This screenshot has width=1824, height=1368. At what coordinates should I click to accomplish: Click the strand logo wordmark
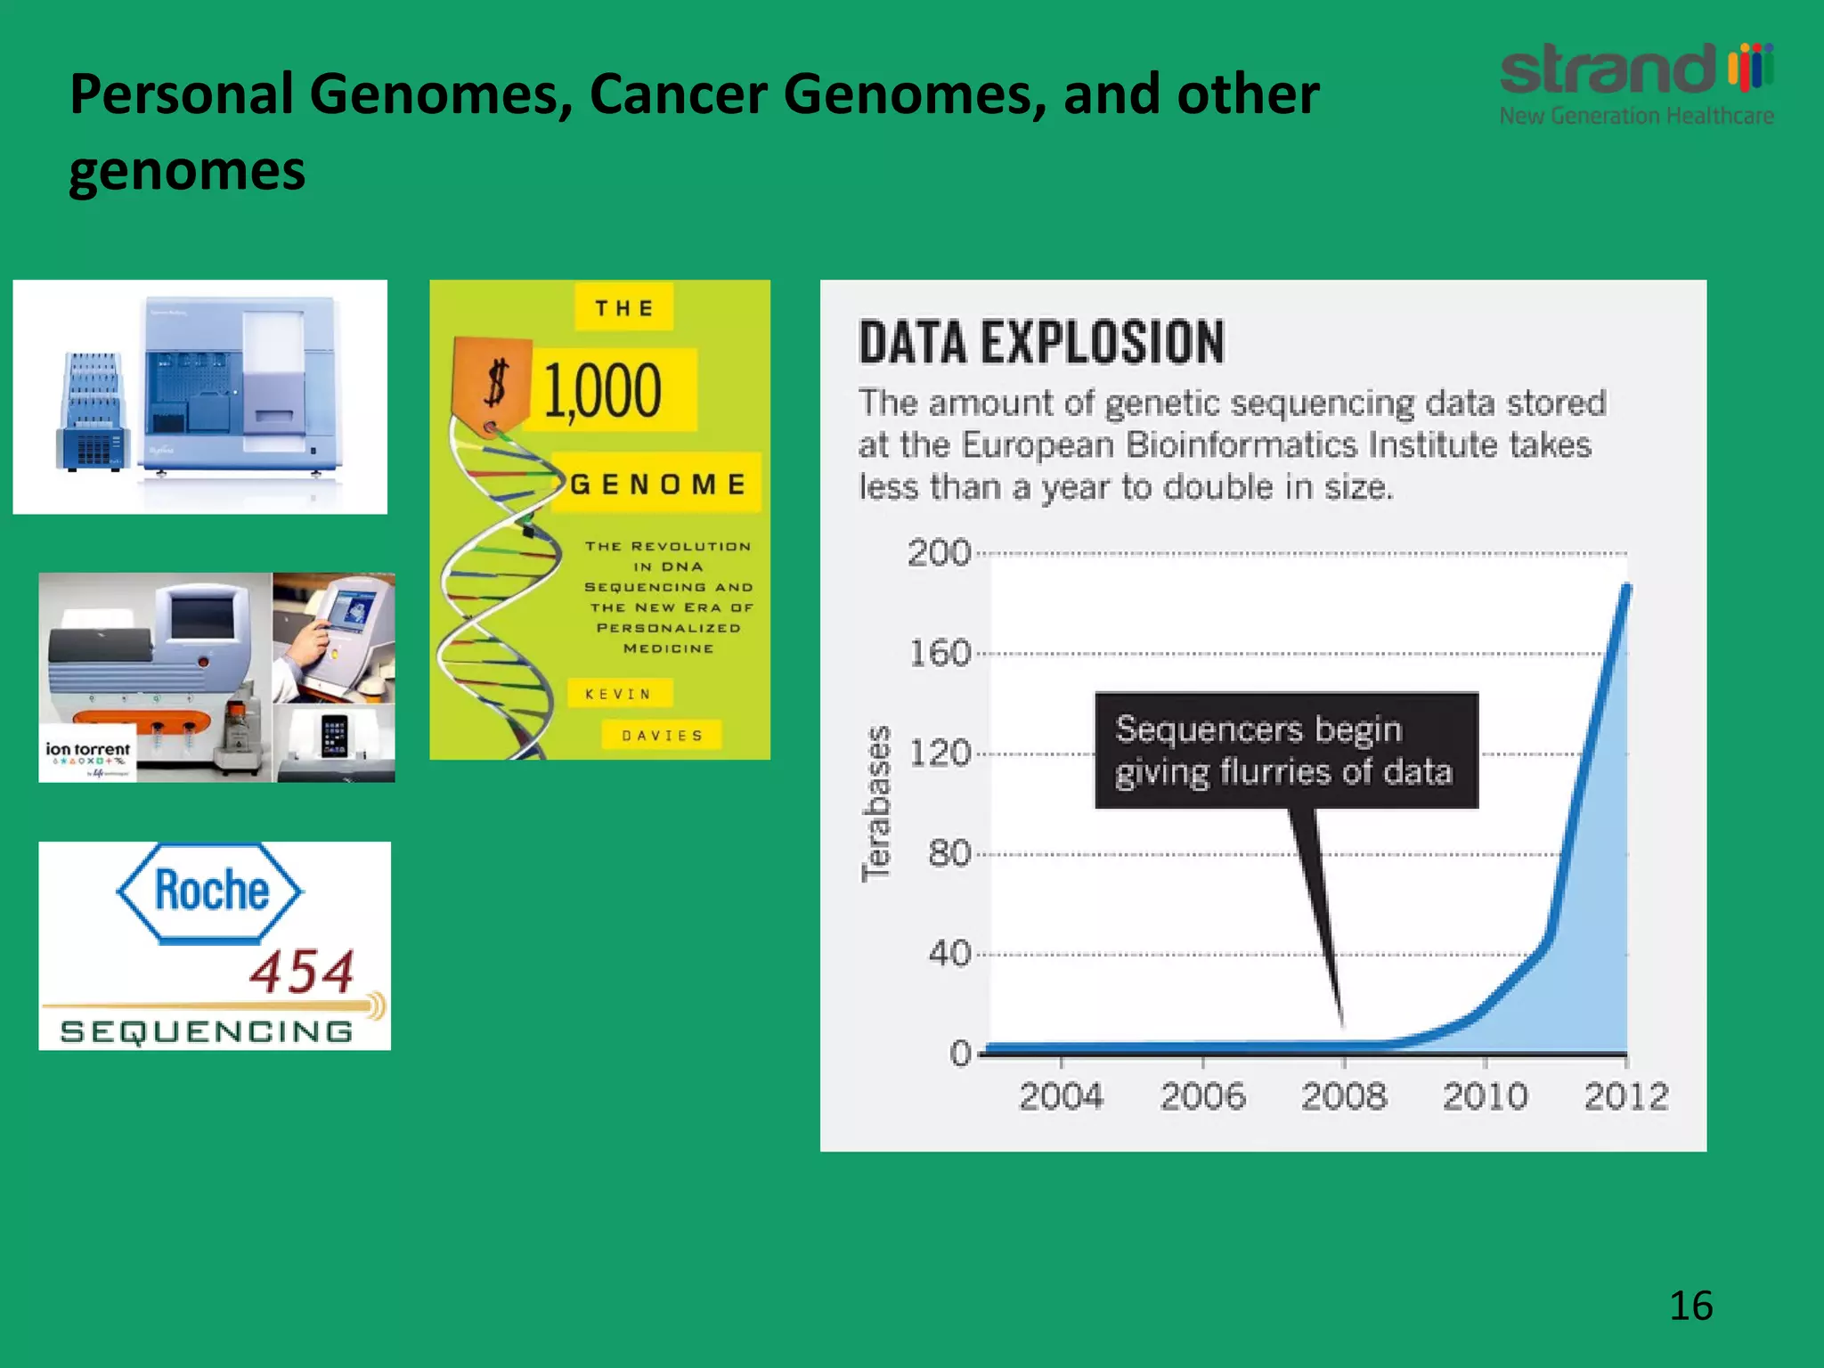coord(1608,69)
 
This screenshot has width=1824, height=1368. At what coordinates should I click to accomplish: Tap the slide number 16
coord(1690,1306)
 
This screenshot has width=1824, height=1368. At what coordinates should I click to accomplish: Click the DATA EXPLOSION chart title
coord(1041,343)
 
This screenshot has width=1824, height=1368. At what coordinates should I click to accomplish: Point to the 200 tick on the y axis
coord(939,553)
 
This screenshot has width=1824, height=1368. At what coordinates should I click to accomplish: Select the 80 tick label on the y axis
coord(949,853)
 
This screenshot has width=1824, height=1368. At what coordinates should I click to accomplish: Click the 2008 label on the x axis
coord(1343,1096)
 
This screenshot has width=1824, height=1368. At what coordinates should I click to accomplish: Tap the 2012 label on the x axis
coord(1625,1096)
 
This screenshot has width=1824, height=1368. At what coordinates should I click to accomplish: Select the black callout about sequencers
coord(1285,751)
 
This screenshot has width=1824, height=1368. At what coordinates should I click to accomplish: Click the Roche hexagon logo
coord(210,892)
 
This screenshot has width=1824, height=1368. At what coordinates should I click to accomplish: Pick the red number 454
coord(301,972)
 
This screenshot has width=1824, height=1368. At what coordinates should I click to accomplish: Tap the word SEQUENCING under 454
coord(207,1031)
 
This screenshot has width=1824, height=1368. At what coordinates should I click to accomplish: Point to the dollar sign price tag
coord(493,385)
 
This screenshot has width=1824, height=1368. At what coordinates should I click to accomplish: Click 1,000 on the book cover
coord(603,390)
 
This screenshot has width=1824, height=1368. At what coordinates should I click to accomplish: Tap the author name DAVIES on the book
coord(662,736)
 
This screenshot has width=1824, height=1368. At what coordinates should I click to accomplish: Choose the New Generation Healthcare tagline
coord(1636,116)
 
